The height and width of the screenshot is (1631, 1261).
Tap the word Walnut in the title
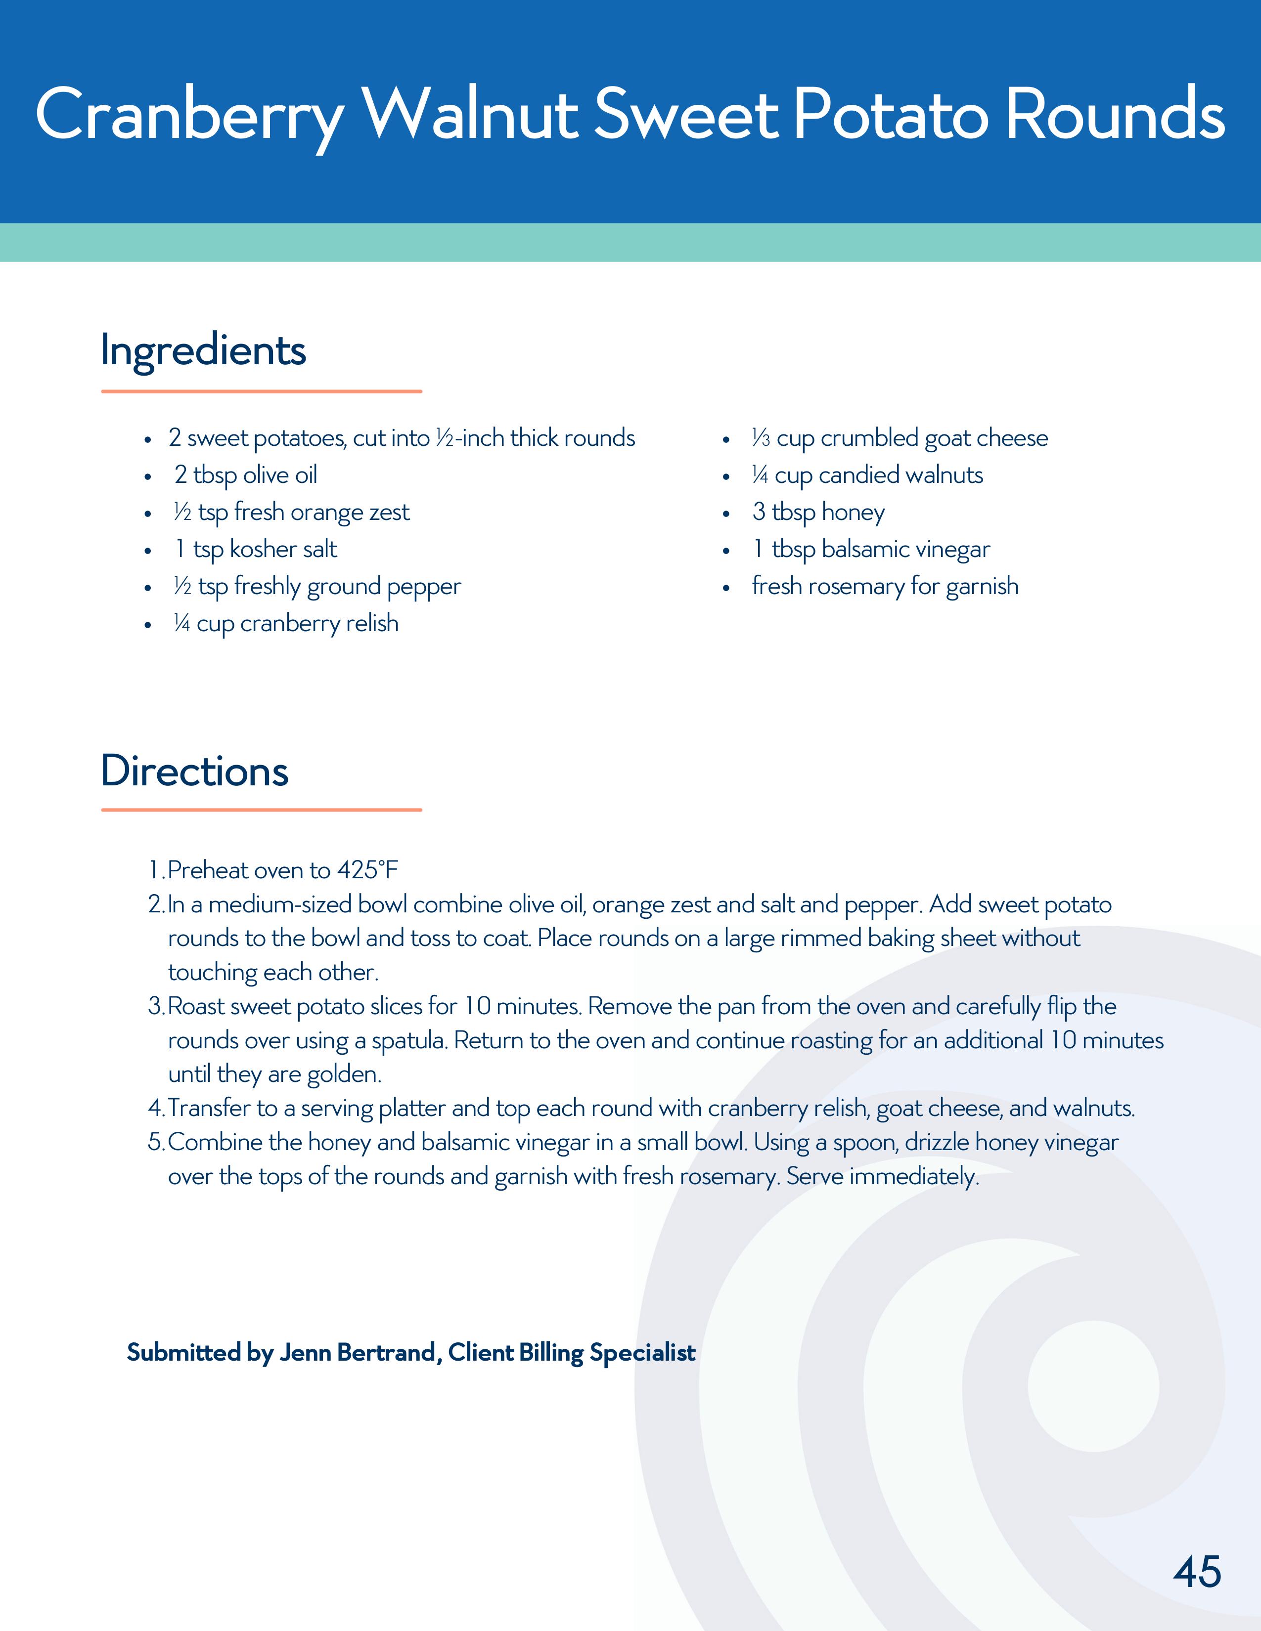click(x=472, y=116)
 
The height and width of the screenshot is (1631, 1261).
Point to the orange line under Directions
click(x=262, y=810)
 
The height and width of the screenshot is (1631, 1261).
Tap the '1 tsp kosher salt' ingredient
click(x=256, y=550)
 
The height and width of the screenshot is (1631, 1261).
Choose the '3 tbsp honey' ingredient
click(x=818, y=513)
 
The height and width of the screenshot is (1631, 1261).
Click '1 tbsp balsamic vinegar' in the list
click(x=871, y=550)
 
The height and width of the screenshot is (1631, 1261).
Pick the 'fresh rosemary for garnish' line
click(x=885, y=586)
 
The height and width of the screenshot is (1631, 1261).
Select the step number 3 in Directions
click(x=155, y=1007)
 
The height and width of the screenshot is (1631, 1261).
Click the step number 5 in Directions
click(x=155, y=1143)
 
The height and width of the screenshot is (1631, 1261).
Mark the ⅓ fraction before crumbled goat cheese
click(x=761, y=438)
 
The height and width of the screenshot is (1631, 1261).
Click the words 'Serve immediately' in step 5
click(x=882, y=1177)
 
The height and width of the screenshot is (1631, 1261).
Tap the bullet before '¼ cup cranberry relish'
click(x=148, y=624)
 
